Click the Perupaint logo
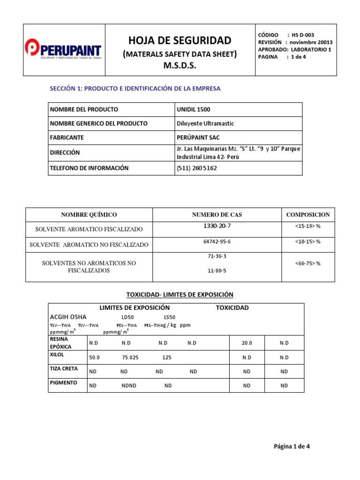coord(62,50)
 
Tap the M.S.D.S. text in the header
coord(180,66)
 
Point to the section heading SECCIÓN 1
coord(135,88)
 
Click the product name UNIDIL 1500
coord(193,109)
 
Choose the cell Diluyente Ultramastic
coord(205,123)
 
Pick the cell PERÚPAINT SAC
coord(198,137)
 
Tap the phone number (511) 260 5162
coord(197,168)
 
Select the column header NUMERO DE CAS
coord(217,215)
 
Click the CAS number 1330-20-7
coord(217,226)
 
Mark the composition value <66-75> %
coord(307,263)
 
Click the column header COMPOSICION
coord(308,215)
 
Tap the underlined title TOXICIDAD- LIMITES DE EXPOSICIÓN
coord(180,294)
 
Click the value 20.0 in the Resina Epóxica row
coord(247,343)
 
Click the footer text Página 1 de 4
coord(292,446)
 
